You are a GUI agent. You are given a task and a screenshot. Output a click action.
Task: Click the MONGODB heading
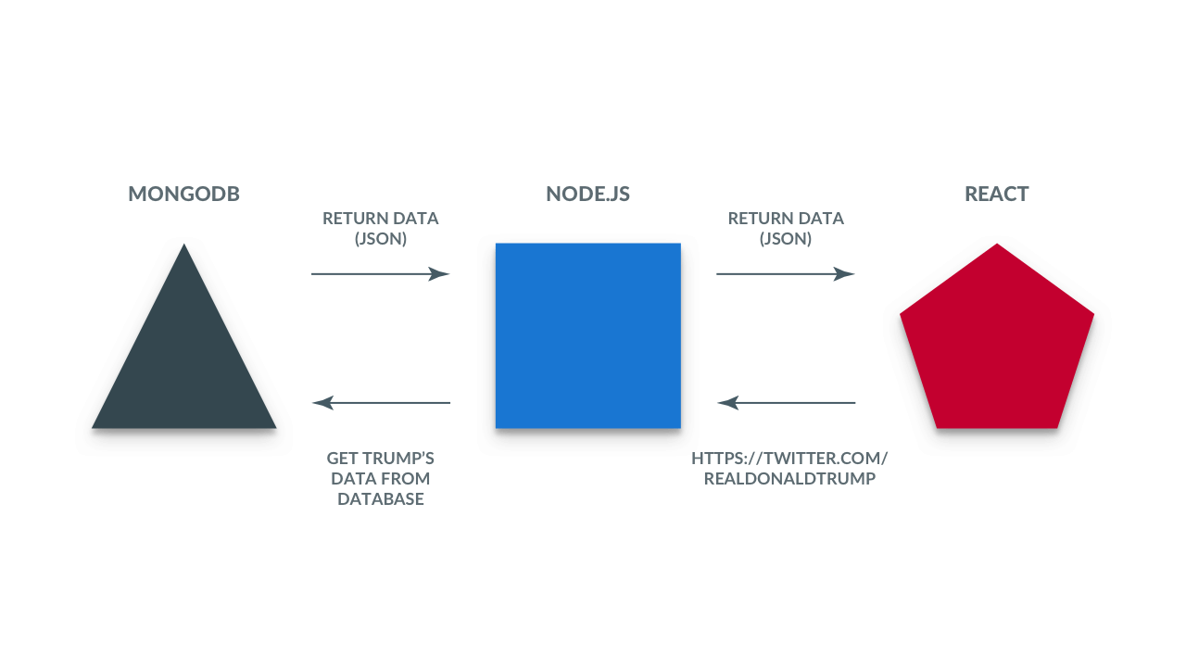pos(183,194)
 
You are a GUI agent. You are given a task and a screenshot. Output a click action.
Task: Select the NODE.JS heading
pos(587,194)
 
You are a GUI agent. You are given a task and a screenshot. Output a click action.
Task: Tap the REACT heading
pos(996,194)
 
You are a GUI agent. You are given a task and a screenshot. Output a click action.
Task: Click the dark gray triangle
pos(183,360)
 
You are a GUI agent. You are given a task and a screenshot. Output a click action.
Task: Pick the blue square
pos(588,335)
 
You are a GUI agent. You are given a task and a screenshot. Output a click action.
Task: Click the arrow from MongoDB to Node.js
pos(381,273)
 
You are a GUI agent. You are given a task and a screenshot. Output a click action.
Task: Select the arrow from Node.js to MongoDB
pos(381,403)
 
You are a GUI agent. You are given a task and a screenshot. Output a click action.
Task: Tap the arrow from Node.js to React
pos(786,273)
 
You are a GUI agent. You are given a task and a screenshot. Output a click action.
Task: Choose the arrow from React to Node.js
pos(787,403)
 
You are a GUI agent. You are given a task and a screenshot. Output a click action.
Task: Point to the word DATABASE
pos(381,498)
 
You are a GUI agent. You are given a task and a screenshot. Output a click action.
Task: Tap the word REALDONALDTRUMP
pos(789,479)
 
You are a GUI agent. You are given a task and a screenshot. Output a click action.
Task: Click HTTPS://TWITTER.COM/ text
pos(789,458)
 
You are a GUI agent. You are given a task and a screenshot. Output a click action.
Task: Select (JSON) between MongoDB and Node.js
pos(381,239)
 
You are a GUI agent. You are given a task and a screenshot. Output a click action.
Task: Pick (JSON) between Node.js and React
pos(786,239)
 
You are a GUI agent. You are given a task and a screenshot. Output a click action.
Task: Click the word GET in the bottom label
pos(342,458)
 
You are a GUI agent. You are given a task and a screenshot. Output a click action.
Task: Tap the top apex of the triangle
pos(183,244)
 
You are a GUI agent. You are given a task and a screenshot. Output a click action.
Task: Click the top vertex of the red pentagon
pos(997,244)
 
